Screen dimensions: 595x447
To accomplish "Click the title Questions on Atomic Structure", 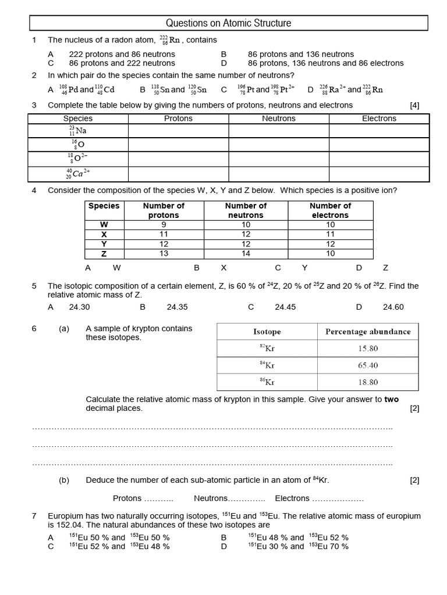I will point(228,23).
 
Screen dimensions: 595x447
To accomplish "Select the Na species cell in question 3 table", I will point(78,131).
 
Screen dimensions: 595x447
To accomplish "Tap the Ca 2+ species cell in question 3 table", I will point(78,174).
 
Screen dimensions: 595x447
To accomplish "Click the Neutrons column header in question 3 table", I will point(279,119).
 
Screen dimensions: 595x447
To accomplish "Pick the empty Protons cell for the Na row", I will point(178,131).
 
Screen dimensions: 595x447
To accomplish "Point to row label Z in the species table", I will point(104,253).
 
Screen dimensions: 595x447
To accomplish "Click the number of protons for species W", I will point(164,224).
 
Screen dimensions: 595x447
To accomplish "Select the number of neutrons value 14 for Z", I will point(246,253).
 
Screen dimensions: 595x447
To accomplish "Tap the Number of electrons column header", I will point(330,210).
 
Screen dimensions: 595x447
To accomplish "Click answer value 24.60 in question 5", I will point(393,307).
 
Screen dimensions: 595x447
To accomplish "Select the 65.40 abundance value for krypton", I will point(368,365).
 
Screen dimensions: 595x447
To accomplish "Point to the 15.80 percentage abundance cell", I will point(368,349).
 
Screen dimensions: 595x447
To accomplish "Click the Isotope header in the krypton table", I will point(267,332).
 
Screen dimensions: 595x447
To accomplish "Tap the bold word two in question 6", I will point(392,399).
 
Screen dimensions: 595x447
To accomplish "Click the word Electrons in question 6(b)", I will point(292,498).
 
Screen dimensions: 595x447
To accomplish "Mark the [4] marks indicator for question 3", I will point(414,105).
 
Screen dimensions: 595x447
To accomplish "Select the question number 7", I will point(34,516).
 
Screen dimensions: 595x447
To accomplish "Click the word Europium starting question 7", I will point(66,516).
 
